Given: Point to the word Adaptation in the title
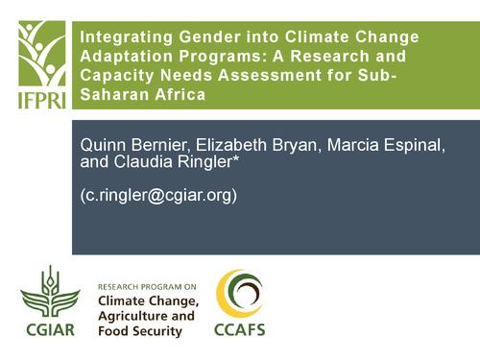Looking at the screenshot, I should tap(123, 57).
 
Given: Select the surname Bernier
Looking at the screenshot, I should tap(168, 144).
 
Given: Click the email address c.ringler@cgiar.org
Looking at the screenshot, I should tap(160, 195).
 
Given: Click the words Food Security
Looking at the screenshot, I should tap(140, 331).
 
